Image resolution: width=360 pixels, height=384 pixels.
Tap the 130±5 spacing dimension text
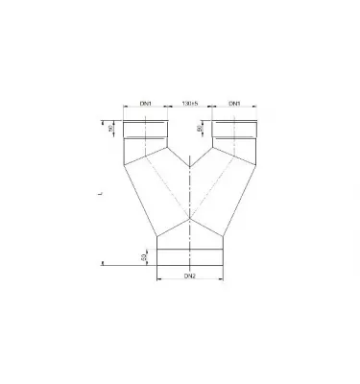(190, 103)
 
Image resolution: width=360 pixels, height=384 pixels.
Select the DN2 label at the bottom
(189, 276)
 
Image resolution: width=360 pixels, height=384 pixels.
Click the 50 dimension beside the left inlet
(111, 128)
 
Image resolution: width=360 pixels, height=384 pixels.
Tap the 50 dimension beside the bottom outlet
(144, 258)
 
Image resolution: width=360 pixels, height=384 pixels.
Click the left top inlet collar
(147, 128)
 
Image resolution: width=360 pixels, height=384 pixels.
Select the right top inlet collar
(235, 128)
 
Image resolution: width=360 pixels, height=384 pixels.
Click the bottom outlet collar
(190, 258)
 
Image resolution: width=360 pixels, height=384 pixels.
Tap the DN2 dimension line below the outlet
(190, 282)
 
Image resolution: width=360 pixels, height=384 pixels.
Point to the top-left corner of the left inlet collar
(127, 120)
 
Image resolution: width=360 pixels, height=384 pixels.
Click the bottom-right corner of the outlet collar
(225, 268)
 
